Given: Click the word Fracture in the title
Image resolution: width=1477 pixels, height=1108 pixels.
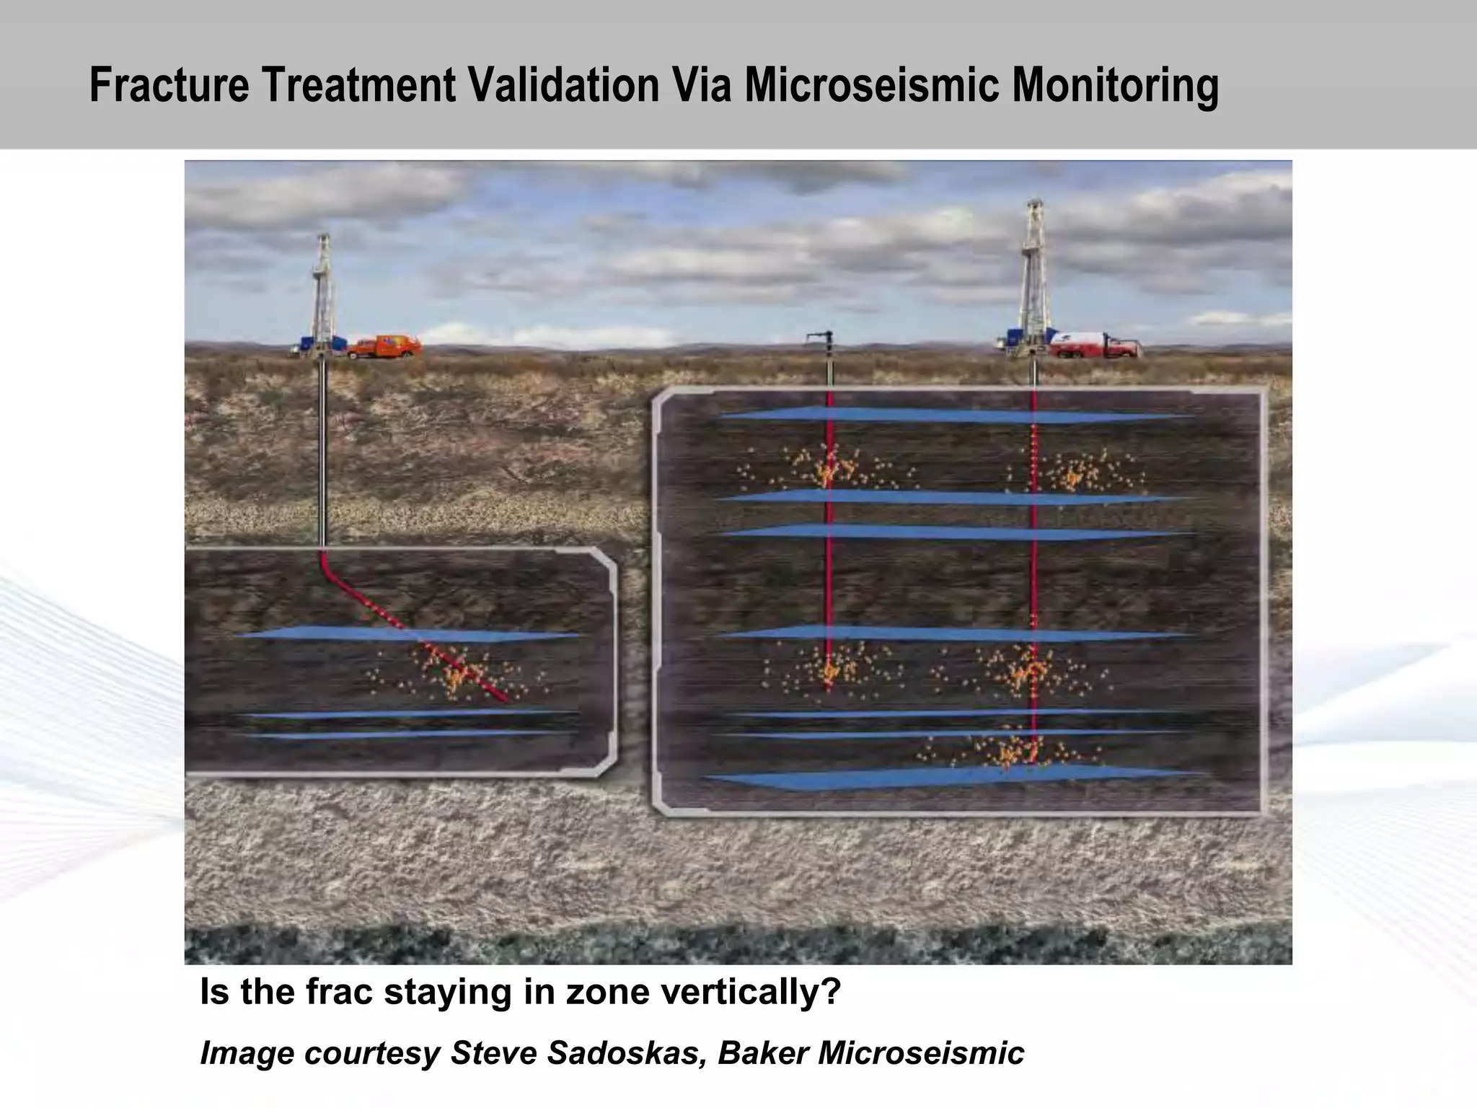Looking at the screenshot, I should (169, 85).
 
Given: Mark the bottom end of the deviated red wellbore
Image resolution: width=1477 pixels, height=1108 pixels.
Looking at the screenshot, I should (506, 699).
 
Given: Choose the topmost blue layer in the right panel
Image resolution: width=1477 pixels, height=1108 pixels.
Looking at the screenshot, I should (952, 415).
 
